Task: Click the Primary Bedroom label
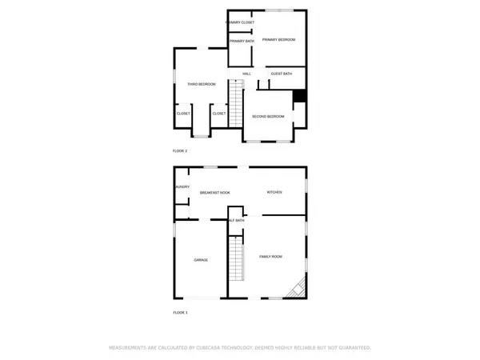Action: point(279,40)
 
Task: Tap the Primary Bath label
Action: point(241,41)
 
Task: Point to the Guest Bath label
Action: point(282,74)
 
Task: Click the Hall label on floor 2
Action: point(247,74)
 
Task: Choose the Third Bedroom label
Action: point(202,84)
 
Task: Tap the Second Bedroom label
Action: point(268,117)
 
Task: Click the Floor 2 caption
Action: point(180,151)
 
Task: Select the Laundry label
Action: point(182,188)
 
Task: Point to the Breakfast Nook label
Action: point(215,193)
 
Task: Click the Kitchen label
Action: point(275,193)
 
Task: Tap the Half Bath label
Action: point(237,220)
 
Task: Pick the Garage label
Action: point(201,260)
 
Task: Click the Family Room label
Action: point(270,257)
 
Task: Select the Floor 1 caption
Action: point(180,312)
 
